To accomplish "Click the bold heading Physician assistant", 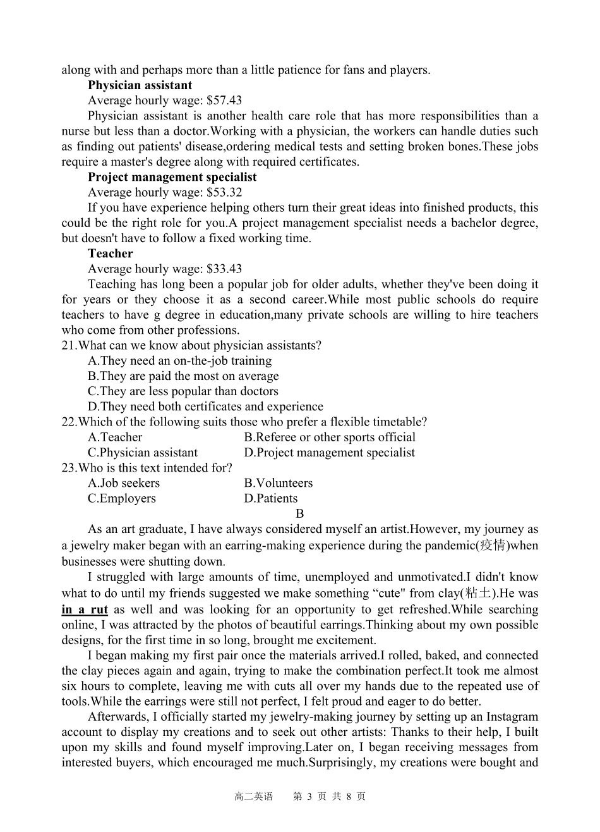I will [140, 85].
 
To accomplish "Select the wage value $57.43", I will [224, 101].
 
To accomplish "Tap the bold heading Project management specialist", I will [172, 177].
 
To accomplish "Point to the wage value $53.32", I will [224, 193].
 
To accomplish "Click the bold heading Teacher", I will [111, 254].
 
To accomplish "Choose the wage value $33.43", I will [224, 269].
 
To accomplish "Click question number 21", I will [68, 346].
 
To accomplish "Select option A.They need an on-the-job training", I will [180, 361].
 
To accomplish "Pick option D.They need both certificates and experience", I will [205, 407].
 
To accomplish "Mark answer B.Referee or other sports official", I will [330, 437].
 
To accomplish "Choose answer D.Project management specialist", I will [330, 453].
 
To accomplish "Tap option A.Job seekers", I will [124, 484].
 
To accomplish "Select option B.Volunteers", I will [279, 484].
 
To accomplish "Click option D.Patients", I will [271, 499].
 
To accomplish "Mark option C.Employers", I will [122, 499].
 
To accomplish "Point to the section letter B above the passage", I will [300, 514].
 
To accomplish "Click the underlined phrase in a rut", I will [85, 610].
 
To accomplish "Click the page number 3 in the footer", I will [310, 797].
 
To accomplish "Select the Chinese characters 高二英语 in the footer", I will [253, 797].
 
